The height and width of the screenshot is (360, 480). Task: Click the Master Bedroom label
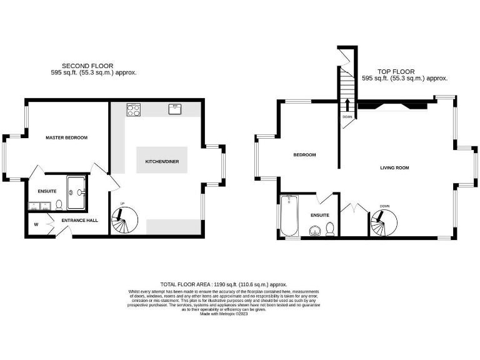[66, 137]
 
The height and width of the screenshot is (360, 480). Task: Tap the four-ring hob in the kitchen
[133, 109]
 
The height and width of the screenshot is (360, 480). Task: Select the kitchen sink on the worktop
[175, 109]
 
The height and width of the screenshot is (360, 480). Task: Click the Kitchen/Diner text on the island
[162, 161]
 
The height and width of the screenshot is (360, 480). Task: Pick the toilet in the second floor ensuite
[59, 204]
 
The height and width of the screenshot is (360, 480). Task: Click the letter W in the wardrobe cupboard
[36, 224]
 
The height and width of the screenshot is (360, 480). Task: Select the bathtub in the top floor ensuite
[289, 216]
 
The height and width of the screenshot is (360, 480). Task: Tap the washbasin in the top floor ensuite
[315, 231]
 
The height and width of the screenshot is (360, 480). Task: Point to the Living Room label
[394, 167]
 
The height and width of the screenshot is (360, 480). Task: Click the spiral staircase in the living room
[383, 222]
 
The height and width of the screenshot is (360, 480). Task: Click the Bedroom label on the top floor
[304, 155]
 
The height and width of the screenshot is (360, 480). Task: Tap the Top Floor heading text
[396, 71]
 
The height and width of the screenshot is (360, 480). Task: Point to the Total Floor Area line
[224, 284]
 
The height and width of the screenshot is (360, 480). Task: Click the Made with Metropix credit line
[224, 314]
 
